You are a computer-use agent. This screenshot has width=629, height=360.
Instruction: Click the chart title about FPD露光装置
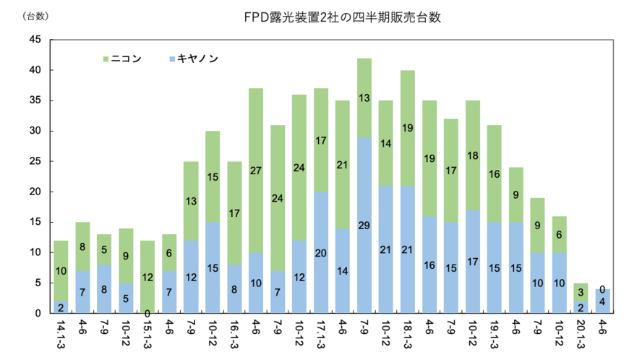pyautogui.click(x=343, y=17)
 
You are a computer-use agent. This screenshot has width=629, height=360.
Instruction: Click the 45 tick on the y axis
pyautogui.click(x=35, y=40)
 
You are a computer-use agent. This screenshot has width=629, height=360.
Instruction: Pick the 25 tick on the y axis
pyautogui.click(x=35, y=161)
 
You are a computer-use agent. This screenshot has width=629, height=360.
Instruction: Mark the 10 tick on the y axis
pyautogui.click(x=35, y=252)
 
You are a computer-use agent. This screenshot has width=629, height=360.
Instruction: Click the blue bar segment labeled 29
pyautogui.click(x=364, y=225)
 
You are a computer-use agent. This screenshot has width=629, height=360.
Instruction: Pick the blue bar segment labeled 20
pyautogui.click(x=321, y=252)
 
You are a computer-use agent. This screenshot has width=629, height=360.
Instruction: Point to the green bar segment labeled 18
pyautogui.click(x=474, y=155)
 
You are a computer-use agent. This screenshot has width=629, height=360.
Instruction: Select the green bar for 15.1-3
pyautogui.click(x=147, y=276)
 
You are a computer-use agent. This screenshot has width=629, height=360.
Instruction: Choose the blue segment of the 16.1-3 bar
pyautogui.click(x=234, y=288)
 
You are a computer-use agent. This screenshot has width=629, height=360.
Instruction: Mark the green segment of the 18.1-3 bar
pyautogui.click(x=408, y=128)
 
